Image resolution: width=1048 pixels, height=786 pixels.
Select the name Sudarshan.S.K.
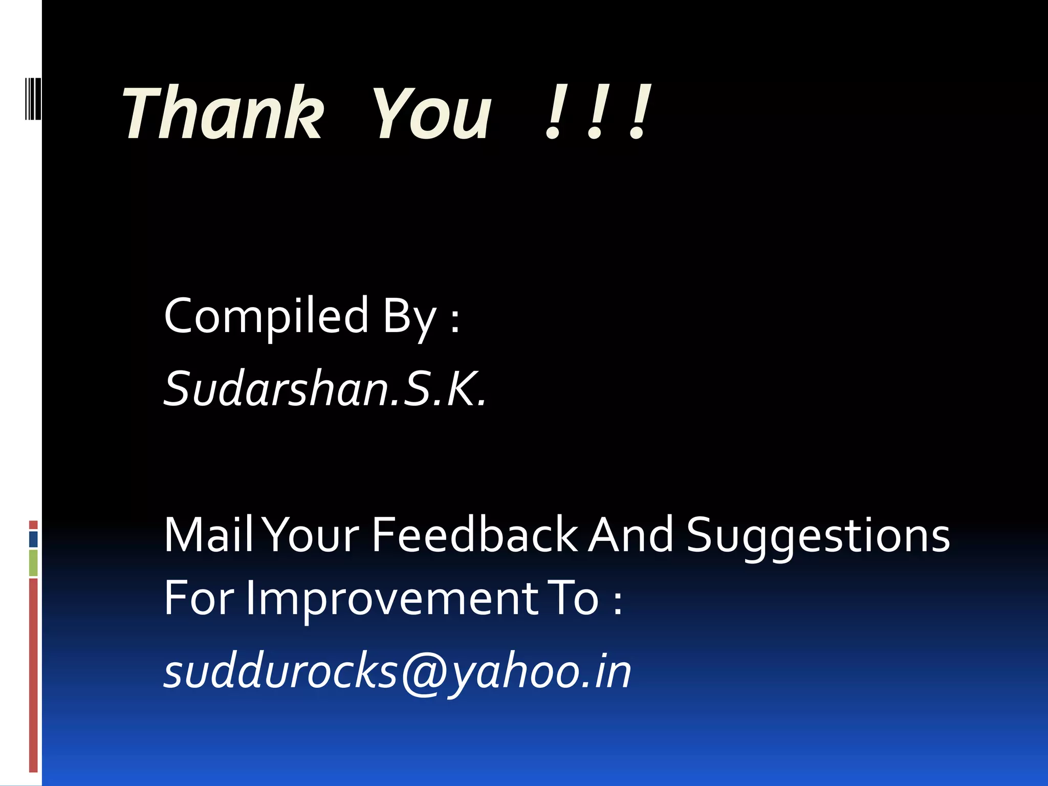click(x=324, y=389)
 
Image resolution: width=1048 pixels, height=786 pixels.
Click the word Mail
click(x=209, y=535)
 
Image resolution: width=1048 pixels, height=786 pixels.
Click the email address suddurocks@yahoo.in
click(x=397, y=671)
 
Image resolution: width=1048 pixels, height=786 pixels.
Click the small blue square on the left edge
click(x=33, y=539)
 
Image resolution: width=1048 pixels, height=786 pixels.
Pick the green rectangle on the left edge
click(x=33, y=562)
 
